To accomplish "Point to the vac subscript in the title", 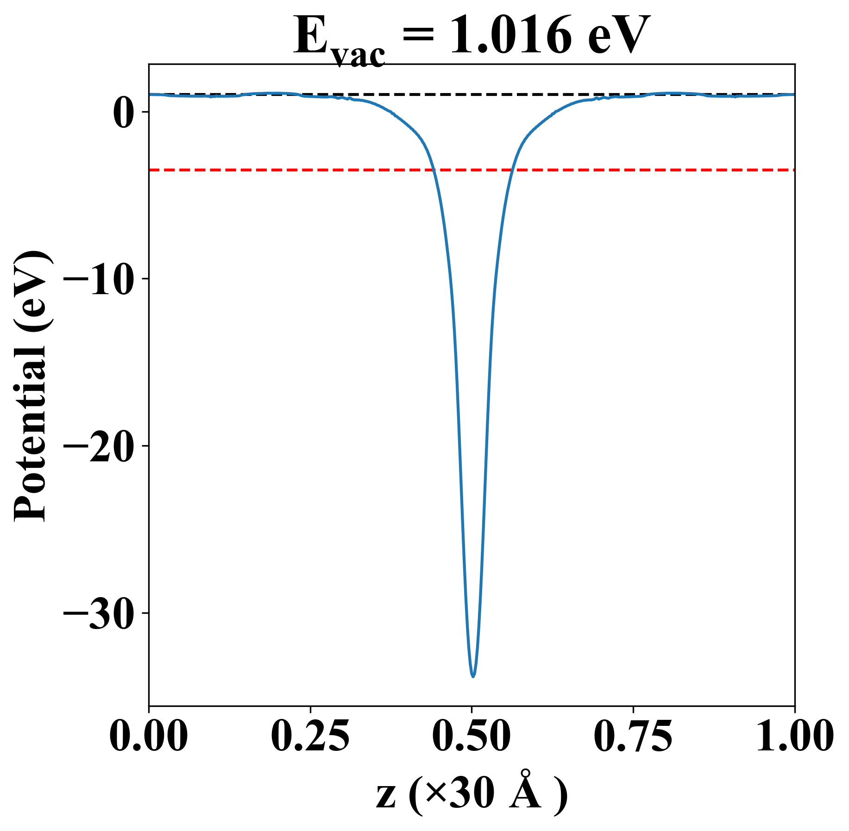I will coord(358,55).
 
